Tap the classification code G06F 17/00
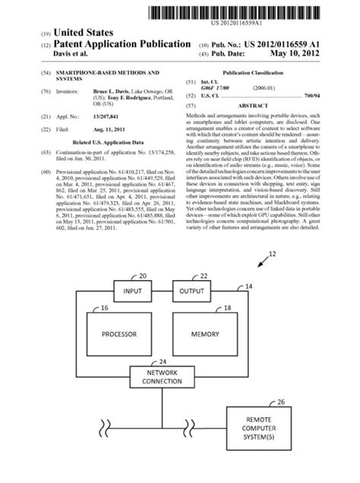217,87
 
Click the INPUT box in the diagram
132,289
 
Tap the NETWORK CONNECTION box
161,377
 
